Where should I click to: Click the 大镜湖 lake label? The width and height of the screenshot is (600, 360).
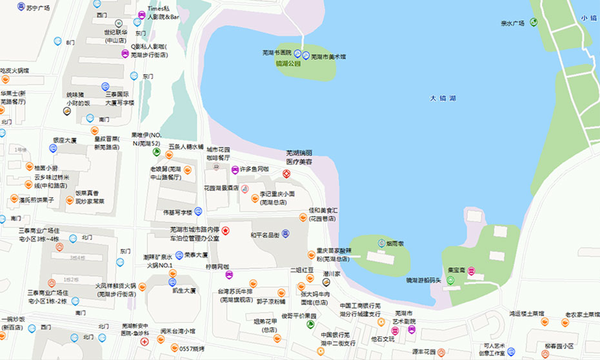443,98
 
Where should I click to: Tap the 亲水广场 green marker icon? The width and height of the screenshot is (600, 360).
534,23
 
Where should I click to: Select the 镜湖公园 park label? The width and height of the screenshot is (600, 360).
288,64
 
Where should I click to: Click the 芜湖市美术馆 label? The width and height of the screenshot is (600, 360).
328,56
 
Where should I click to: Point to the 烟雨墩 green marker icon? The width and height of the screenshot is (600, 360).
381,244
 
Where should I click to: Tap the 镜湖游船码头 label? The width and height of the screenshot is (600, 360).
424,280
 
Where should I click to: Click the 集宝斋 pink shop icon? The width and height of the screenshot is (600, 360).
472,270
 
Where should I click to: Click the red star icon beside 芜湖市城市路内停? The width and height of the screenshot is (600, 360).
225,230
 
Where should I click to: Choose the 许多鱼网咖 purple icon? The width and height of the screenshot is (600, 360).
235,170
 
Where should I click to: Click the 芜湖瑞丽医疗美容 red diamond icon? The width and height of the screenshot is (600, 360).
287,174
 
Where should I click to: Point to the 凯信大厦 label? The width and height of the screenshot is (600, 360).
184,291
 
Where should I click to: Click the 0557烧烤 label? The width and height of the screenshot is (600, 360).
192,349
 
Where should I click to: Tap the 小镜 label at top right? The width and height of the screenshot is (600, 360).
588,18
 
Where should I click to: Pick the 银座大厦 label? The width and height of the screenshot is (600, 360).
65,140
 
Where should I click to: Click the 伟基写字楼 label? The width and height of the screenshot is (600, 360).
177,212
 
